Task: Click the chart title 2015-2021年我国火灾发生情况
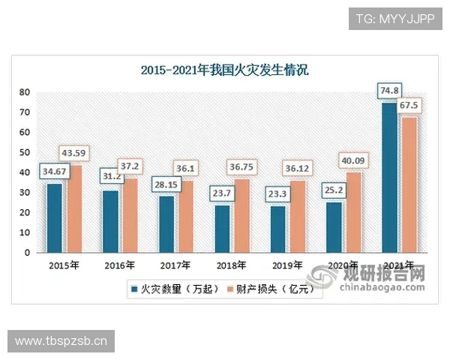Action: [x=225, y=71]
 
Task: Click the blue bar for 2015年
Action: [x=55, y=218]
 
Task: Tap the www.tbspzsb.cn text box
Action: [x=62, y=341]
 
